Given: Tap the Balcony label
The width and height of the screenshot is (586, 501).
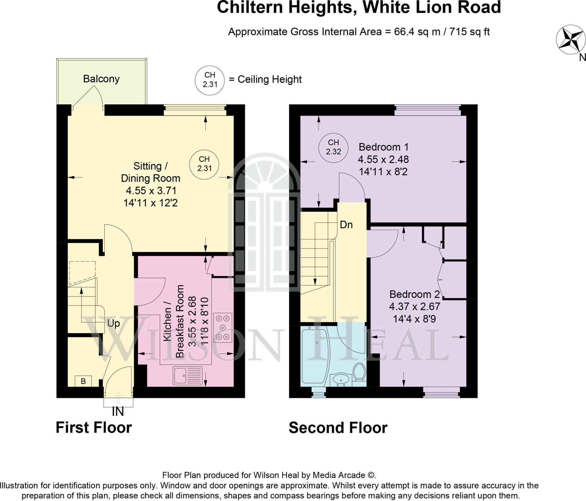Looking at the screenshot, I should coord(101,79).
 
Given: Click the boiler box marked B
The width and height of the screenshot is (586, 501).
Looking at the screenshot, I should coord(83,381).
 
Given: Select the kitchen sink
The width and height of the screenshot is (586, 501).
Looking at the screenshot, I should coord(187,375).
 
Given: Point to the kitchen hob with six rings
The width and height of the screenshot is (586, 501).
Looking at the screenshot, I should coord(224,328).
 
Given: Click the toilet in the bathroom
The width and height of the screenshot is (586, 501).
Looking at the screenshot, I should coord(359,372).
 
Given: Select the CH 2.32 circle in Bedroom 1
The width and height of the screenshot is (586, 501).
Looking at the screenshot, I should coord(333,147).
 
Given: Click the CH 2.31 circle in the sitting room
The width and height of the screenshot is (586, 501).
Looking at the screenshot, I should coord(204,164).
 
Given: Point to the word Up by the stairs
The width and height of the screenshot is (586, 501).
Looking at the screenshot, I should coord(113,324).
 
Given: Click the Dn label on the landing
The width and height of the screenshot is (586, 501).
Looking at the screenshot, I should coord(346,225).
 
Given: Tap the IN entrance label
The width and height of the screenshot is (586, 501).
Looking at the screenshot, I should coord(118,412).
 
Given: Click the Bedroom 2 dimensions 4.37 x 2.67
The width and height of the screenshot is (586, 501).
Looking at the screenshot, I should coord(414,307).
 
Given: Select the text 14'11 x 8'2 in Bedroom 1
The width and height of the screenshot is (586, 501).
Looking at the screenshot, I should coord(383,172).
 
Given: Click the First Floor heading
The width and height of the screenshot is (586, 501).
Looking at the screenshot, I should coord(94,428).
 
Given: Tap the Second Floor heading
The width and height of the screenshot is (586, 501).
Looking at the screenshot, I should coord(338,428).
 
